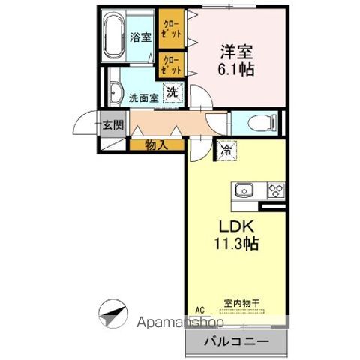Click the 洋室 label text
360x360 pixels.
coord(235,52)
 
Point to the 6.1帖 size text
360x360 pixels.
coord(236,70)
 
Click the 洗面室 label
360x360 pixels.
coord(142,97)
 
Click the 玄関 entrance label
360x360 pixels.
coord(114,124)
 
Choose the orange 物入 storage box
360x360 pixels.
coord(156,145)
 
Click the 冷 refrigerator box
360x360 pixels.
coord(225,150)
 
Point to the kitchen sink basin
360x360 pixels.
coord(245,190)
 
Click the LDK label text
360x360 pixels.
coord(235,226)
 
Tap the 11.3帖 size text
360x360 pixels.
coord(236,244)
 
